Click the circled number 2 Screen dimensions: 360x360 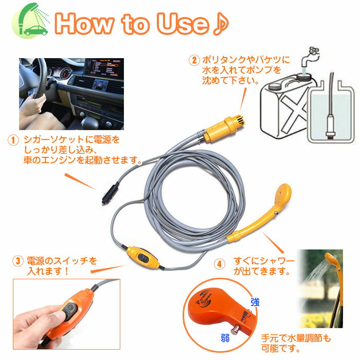(x=193, y=60)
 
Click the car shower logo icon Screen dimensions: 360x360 (x=31, y=22)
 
